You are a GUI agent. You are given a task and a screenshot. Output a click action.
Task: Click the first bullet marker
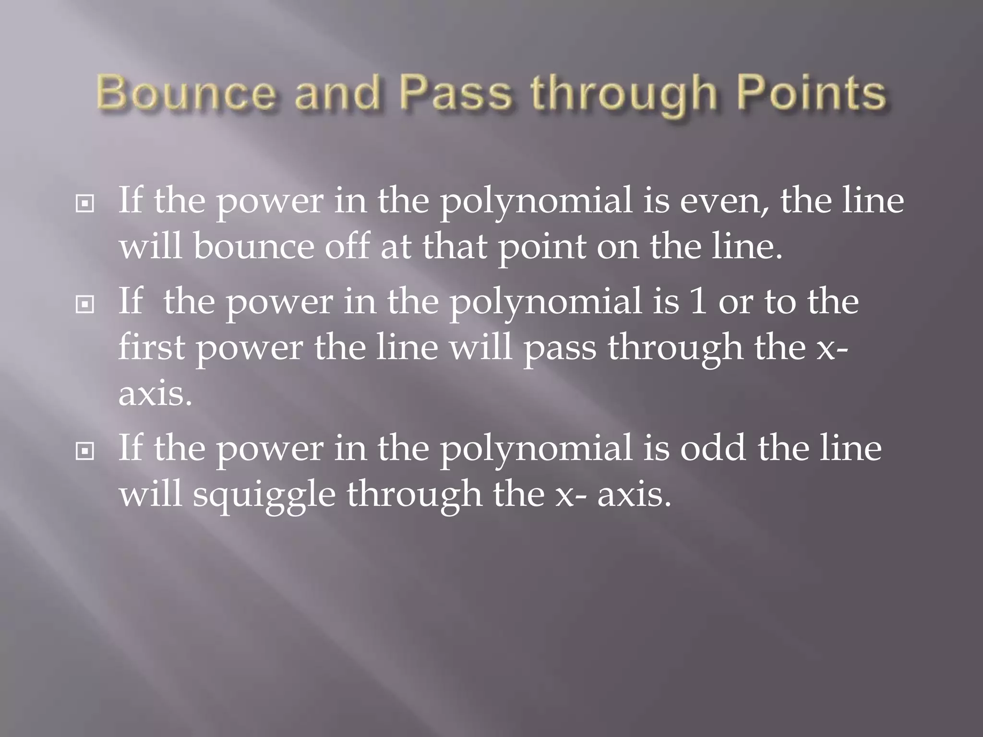(x=85, y=204)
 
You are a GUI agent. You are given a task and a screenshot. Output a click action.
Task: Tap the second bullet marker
(x=85, y=305)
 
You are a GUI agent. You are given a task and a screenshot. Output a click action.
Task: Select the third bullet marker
(x=85, y=451)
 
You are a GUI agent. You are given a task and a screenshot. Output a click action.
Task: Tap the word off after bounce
(x=347, y=247)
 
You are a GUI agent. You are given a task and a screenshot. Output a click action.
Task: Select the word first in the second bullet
(x=151, y=347)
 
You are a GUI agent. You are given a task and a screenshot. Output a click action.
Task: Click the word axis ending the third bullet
(x=634, y=495)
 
